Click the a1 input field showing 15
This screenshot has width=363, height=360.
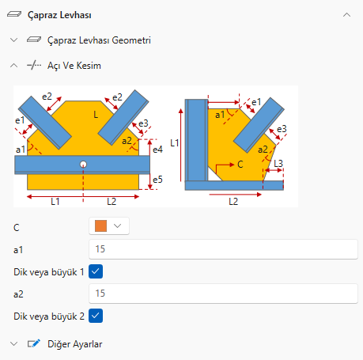(x=223, y=249)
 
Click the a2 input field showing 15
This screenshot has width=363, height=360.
(x=223, y=294)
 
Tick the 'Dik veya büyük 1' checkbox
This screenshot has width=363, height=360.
(x=96, y=271)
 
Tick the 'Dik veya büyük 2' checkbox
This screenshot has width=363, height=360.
(x=96, y=316)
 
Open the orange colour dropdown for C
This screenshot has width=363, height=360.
(x=109, y=226)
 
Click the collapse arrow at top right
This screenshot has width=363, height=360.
(x=346, y=15)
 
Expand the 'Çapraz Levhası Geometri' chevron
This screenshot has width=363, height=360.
(x=13, y=40)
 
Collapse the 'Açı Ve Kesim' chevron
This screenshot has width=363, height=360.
(x=13, y=66)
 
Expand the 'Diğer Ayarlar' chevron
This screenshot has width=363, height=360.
(x=13, y=344)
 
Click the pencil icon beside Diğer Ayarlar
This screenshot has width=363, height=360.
(x=34, y=343)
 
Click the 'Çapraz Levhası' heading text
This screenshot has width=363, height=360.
(x=59, y=15)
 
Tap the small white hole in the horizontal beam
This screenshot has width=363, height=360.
(x=83, y=165)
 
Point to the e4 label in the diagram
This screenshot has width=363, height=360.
(x=157, y=150)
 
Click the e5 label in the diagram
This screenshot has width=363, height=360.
(x=157, y=180)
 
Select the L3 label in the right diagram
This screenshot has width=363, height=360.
(x=278, y=164)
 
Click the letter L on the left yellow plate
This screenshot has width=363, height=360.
(x=96, y=115)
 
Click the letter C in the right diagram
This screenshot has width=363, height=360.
(x=240, y=165)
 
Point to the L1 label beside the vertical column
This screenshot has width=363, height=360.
(x=175, y=143)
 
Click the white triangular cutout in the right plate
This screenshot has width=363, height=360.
(x=214, y=175)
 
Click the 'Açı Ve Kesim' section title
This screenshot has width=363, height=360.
(x=74, y=66)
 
